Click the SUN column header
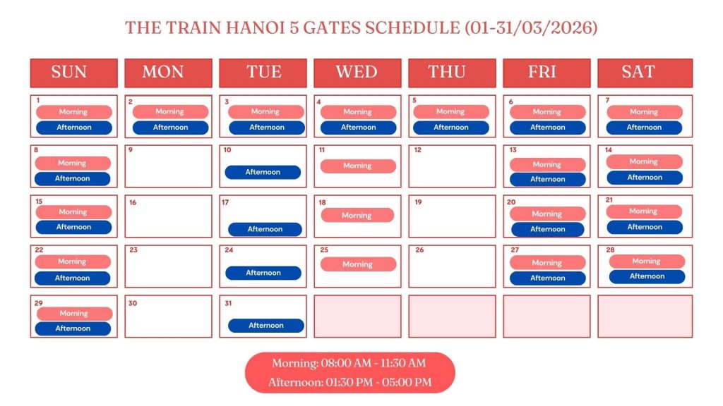click(73, 72)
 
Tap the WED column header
click(357, 72)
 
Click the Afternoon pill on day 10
click(263, 172)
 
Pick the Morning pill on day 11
click(358, 166)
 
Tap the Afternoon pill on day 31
click(266, 325)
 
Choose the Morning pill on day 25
click(358, 264)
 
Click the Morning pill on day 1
click(73, 111)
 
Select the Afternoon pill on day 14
click(645, 177)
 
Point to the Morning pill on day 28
click(646, 261)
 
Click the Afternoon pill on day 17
click(265, 229)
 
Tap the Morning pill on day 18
click(357, 215)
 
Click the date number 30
click(132, 303)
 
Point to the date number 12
click(418, 150)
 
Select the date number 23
click(133, 250)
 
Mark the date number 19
click(418, 202)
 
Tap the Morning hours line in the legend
click(349, 363)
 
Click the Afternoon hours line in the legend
click(349, 382)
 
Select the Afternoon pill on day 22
click(73, 278)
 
